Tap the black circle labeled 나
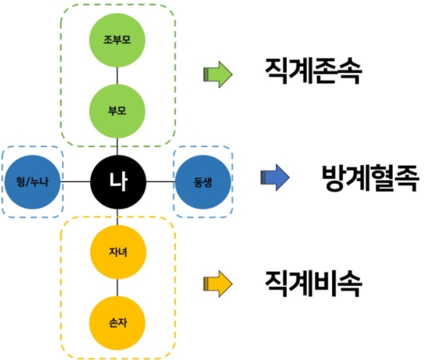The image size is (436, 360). click(x=118, y=181)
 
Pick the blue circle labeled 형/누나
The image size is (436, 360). click(x=32, y=181)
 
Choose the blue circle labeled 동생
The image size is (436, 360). click(x=203, y=181)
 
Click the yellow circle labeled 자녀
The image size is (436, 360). click(x=117, y=252)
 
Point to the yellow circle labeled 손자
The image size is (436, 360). click(x=117, y=323)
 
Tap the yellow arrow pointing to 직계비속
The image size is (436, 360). click(x=217, y=284)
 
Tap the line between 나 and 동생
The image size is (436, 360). click(x=161, y=181)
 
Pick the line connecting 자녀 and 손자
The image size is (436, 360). click(x=117, y=287)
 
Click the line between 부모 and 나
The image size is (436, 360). click(x=117, y=146)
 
